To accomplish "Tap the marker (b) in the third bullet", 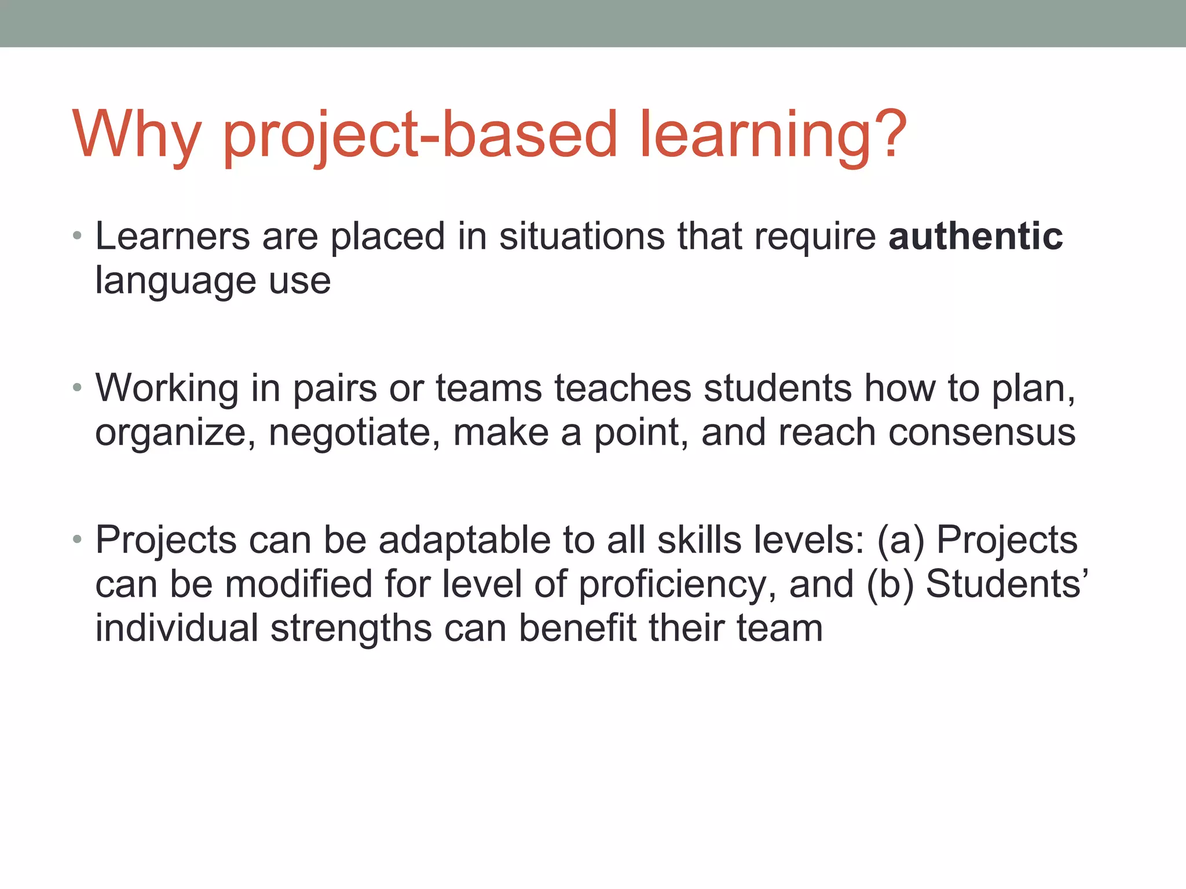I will [890, 584].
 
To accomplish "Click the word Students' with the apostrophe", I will [1007, 584].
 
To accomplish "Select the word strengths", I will [351, 629].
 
